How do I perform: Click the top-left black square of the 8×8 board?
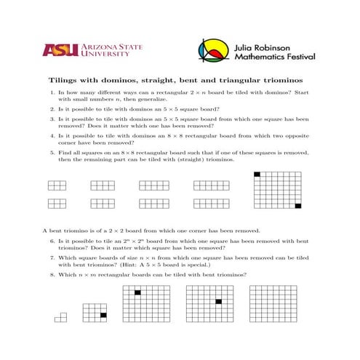(257, 174)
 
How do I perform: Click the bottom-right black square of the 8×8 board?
(297, 207)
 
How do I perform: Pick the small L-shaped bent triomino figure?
(61, 317)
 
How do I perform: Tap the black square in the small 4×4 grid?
(103, 315)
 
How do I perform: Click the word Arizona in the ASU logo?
(98, 45)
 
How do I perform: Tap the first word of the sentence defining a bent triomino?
(47, 231)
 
